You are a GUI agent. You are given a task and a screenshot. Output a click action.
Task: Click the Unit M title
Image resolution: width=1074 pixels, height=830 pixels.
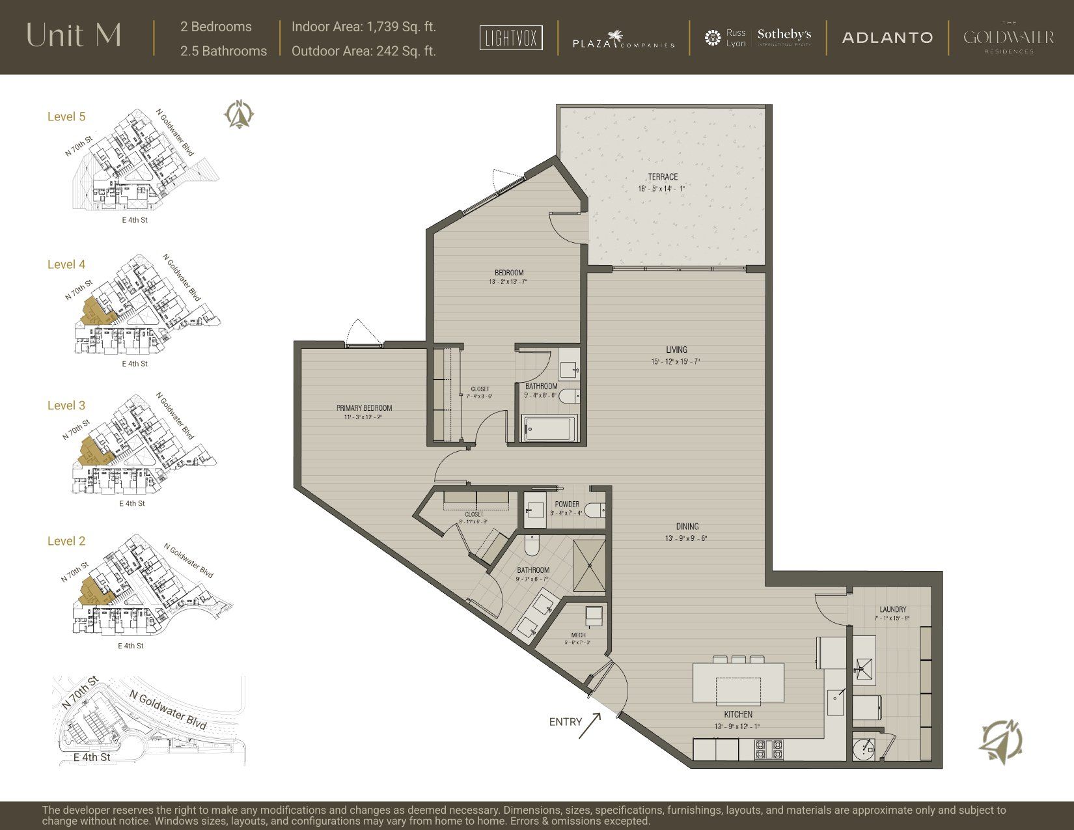point(74,36)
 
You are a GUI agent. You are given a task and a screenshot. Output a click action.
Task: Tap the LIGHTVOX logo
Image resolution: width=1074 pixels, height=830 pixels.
point(511,38)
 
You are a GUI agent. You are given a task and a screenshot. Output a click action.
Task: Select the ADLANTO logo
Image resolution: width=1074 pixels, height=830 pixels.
point(887,38)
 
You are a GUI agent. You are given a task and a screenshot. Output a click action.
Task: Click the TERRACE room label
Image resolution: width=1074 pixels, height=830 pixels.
point(663,177)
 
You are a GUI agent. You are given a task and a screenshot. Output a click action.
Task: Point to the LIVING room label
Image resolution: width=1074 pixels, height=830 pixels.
point(676,350)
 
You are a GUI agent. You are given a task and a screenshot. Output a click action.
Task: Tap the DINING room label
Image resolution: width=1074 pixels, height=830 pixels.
point(687,527)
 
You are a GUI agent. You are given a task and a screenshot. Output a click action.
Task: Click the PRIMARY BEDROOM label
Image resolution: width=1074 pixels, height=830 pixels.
point(364,408)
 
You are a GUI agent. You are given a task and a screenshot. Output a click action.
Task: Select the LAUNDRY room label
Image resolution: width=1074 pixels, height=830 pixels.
point(892,610)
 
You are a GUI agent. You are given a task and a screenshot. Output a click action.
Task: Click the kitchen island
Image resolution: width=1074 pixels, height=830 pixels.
point(738,682)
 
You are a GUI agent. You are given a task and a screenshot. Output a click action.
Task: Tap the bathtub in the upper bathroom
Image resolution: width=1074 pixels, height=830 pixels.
point(550,428)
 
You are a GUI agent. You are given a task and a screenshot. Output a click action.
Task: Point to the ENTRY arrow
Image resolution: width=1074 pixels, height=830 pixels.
point(590,724)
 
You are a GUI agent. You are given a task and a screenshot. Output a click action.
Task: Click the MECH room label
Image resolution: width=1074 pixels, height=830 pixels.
point(578,635)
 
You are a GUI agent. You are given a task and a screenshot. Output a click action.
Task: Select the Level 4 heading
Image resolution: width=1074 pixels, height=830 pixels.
point(66,264)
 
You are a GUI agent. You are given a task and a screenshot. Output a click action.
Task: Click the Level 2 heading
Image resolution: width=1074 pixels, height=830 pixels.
point(66,541)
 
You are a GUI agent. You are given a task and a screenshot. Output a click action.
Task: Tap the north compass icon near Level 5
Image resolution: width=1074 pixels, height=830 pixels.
point(239,115)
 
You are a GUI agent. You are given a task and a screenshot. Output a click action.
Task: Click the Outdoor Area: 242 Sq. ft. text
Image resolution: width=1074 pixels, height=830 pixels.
point(363,51)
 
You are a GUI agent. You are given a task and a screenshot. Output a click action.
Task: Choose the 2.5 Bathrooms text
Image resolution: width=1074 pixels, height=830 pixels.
point(223,51)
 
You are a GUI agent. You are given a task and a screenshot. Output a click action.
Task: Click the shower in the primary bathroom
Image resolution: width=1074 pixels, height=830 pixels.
point(588,566)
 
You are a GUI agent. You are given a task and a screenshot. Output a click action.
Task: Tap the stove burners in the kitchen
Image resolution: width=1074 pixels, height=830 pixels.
point(769,749)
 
